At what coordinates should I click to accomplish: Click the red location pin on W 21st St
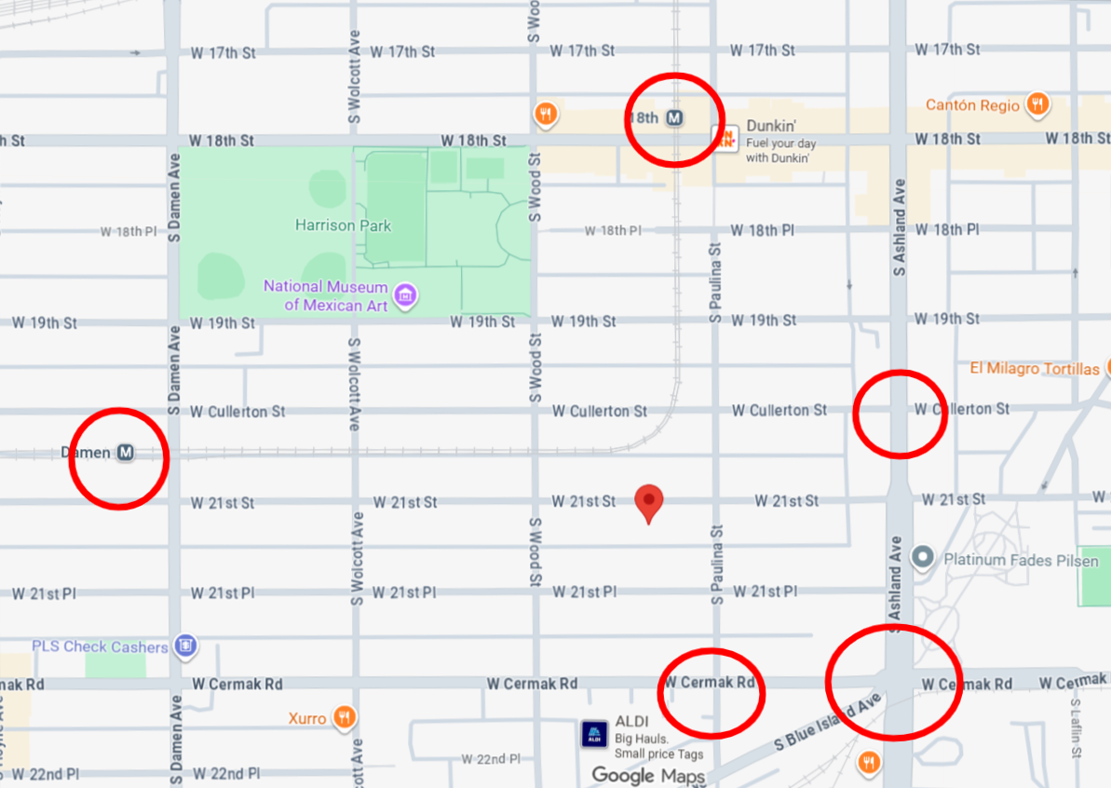[649, 502]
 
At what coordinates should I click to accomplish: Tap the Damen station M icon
[126, 453]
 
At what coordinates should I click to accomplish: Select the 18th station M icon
[676, 118]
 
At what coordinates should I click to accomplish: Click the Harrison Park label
[343, 225]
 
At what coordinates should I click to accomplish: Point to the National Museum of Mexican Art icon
[405, 296]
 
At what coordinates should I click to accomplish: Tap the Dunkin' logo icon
[725, 138]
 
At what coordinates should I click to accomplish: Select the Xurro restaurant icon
[344, 718]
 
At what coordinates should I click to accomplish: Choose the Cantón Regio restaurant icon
[1036, 104]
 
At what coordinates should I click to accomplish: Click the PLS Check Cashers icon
[185, 646]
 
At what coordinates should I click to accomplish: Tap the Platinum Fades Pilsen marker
[923, 558]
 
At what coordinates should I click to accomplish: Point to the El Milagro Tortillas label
[1034, 369]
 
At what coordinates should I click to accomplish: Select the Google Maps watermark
[648, 775]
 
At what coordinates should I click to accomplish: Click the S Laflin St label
[1076, 732]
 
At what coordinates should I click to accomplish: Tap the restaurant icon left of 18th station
[546, 115]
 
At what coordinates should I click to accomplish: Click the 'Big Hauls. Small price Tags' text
[658, 747]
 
